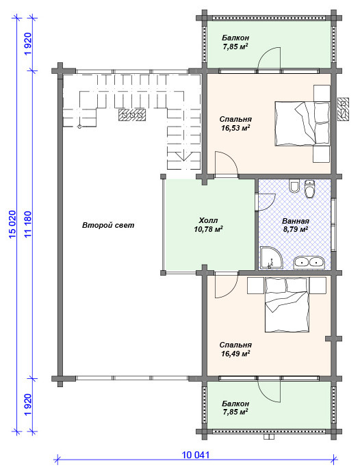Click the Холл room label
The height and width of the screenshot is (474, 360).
click(208, 220)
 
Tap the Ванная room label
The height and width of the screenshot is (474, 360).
click(296, 221)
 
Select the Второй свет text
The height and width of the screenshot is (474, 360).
click(108, 225)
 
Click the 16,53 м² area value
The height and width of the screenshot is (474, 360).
click(235, 128)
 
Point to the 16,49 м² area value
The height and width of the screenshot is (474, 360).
click(235, 354)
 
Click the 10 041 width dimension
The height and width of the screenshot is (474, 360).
click(196, 454)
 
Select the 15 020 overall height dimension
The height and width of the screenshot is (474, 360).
click(12, 224)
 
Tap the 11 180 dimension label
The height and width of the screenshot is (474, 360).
click(29, 224)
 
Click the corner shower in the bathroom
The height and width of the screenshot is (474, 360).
click(271, 258)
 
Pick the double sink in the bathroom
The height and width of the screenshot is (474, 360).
click(309, 262)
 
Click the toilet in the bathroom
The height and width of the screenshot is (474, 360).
click(309, 189)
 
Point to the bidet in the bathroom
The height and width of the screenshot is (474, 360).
click(294, 186)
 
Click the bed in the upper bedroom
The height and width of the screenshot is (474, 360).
click(302, 124)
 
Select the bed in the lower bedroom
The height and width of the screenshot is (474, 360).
click(287, 305)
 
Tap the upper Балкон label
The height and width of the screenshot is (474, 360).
click(235, 38)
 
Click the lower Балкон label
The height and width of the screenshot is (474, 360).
click(235, 404)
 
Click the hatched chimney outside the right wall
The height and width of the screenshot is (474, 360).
click(344, 109)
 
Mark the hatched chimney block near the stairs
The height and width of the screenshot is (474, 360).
click(132, 115)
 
